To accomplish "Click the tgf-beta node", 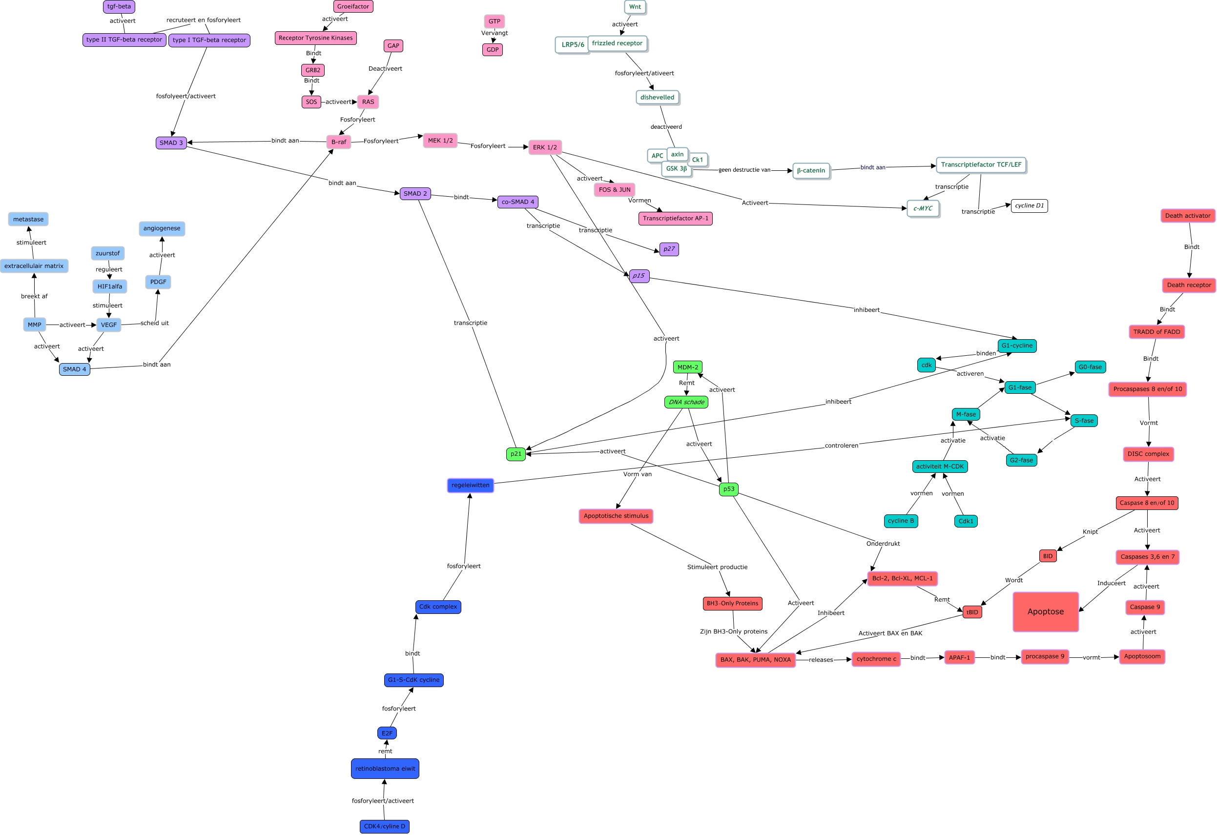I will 119,7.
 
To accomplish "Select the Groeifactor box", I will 353,7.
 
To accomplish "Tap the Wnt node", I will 635,7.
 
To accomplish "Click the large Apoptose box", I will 1045,611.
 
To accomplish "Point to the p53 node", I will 728,489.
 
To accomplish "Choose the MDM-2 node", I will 687,367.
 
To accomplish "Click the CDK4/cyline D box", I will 384,826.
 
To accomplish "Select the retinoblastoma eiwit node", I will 385,769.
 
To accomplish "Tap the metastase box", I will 28,219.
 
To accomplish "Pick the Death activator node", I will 1188,216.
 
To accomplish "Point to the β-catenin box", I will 811,171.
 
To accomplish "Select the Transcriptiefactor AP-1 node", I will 675,218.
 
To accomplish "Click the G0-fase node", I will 1090,367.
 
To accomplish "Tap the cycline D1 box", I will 1029,206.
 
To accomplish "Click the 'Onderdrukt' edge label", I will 883,543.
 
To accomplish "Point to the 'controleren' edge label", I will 842,446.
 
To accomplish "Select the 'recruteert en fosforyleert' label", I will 203,20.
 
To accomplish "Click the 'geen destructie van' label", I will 744,170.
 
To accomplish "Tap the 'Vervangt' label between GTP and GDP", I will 495,33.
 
